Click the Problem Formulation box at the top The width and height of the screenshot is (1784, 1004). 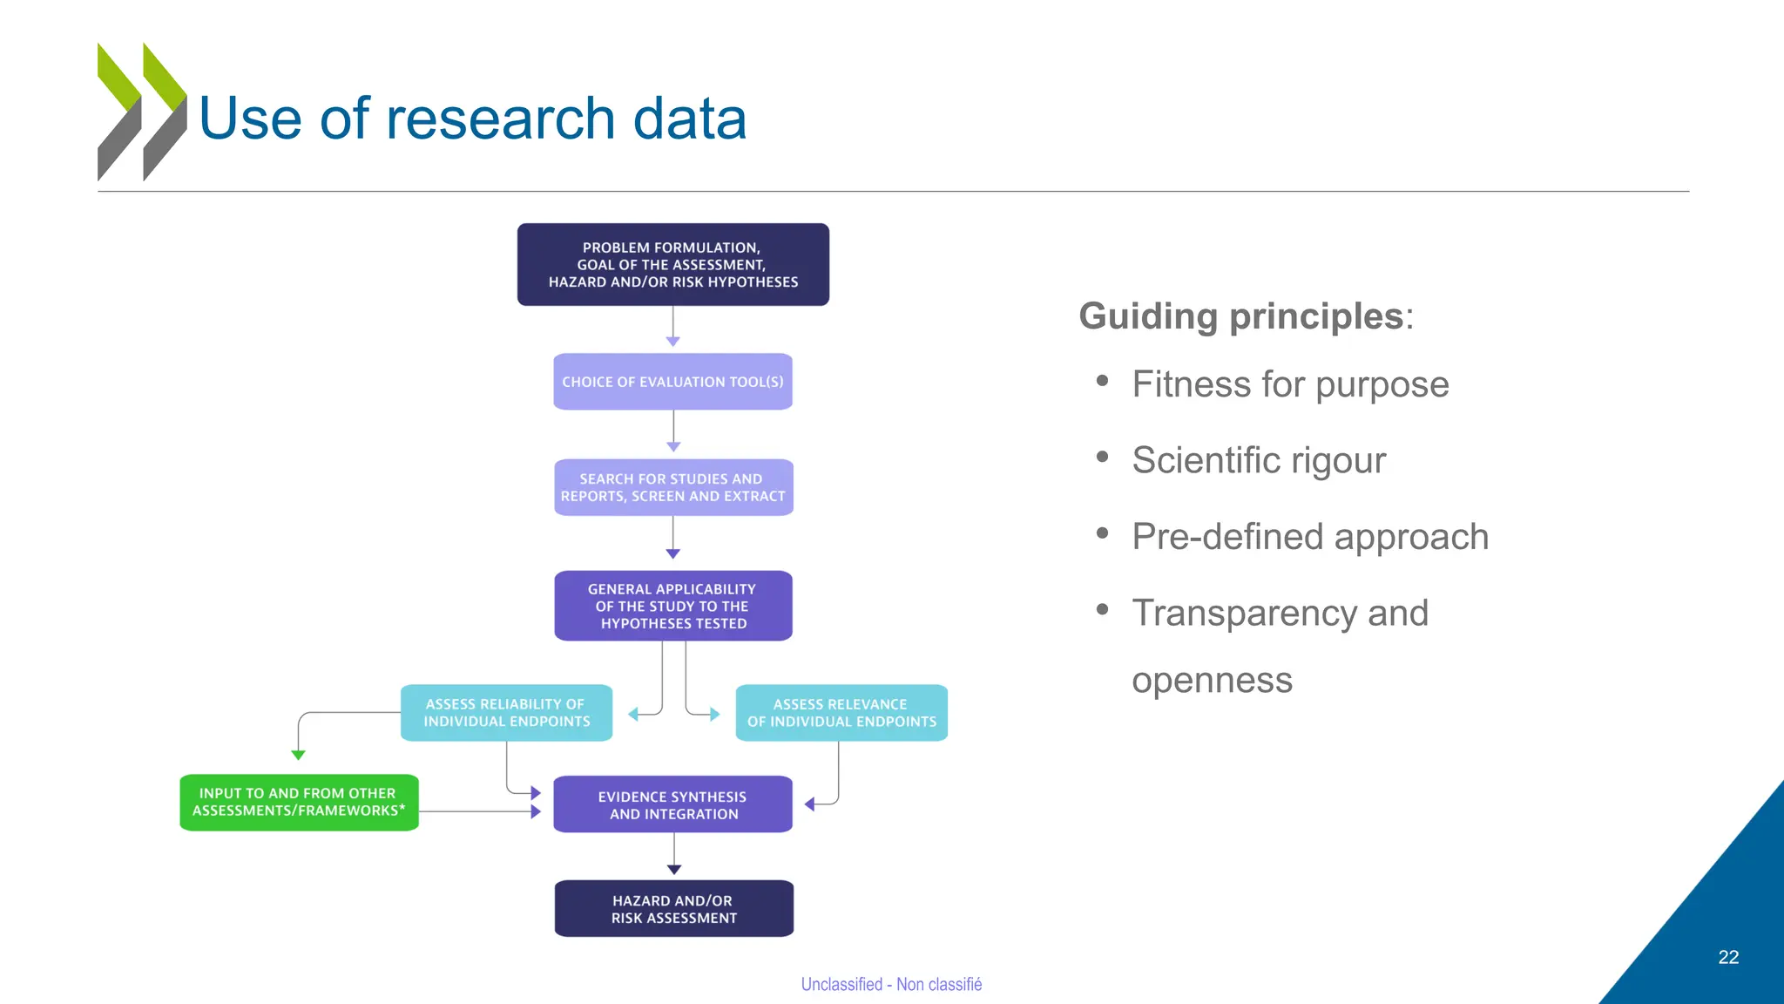[x=672, y=264]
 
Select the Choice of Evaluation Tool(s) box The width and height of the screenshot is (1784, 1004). [x=672, y=382]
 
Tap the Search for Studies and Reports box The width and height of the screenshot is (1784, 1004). [x=672, y=487]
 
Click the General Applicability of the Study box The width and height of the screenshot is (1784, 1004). [x=672, y=606]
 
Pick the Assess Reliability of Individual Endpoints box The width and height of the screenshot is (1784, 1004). [x=506, y=713]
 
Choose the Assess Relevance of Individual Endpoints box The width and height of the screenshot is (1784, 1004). [x=841, y=713]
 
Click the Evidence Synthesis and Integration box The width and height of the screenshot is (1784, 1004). [x=672, y=804]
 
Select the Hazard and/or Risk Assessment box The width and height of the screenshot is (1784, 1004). [x=672, y=909]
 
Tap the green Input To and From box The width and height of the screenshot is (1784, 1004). [x=298, y=802]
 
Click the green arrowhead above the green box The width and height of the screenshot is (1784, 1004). [x=298, y=755]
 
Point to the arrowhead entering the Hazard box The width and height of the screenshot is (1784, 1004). [x=673, y=869]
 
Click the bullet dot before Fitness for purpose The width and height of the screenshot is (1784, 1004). [x=1102, y=381]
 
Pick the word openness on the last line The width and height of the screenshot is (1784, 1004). [x=1212, y=681]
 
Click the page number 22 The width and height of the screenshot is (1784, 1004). [x=1728, y=957]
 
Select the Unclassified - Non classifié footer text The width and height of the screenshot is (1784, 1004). [x=890, y=984]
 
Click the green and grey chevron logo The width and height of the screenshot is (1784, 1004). [x=141, y=112]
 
